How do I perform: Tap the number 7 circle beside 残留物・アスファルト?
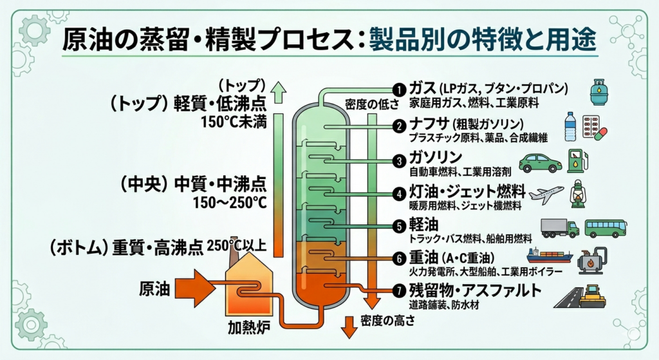(x=399, y=290)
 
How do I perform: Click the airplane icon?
(x=546, y=194)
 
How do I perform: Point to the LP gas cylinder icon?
(x=600, y=92)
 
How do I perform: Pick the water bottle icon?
(x=570, y=127)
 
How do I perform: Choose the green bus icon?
(x=606, y=229)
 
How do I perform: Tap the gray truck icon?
(x=560, y=228)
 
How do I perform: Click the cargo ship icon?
(x=550, y=256)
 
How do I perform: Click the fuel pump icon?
(x=577, y=160)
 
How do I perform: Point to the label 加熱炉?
(x=248, y=327)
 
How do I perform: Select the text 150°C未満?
(x=234, y=122)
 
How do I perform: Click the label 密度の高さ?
(x=388, y=321)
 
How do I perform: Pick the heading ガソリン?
(x=436, y=158)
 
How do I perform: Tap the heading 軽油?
(x=423, y=225)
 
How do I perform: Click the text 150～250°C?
(x=230, y=202)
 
